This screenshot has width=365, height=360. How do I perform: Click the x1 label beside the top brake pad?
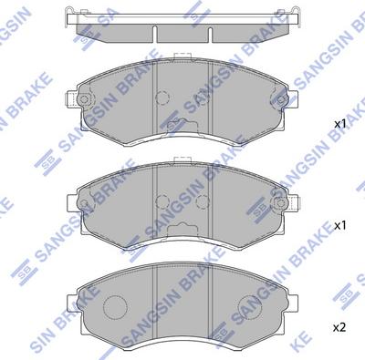339,123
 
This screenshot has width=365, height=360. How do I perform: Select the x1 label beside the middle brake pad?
339,223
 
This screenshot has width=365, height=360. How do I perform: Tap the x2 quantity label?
339,325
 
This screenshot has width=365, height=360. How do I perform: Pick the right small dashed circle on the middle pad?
204,201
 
